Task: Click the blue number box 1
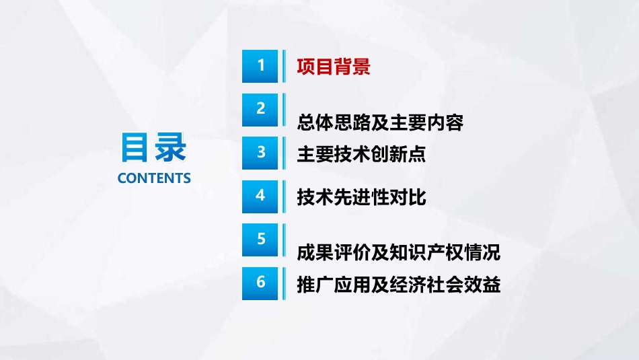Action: [x=260, y=66]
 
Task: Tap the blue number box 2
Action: [x=260, y=110]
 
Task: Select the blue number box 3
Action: [x=260, y=153]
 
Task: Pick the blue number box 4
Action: [x=260, y=196]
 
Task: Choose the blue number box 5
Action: [x=260, y=240]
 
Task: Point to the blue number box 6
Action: [x=260, y=283]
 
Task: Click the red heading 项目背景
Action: [x=334, y=67]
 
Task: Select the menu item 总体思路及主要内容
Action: [x=380, y=122]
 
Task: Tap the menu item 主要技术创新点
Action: [x=361, y=154]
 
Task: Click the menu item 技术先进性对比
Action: [x=361, y=198]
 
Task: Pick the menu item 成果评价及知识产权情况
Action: [x=399, y=252]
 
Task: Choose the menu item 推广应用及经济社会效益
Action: [x=399, y=285]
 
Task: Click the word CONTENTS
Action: [x=154, y=178]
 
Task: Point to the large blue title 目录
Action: [x=153, y=147]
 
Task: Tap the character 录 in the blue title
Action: [x=170, y=147]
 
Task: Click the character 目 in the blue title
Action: [x=134, y=147]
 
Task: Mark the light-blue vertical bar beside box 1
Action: [x=284, y=66]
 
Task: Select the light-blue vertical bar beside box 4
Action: [x=284, y=196]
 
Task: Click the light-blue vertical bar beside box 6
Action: [x=284, y=283]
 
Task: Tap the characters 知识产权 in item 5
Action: [x=426, y=252]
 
